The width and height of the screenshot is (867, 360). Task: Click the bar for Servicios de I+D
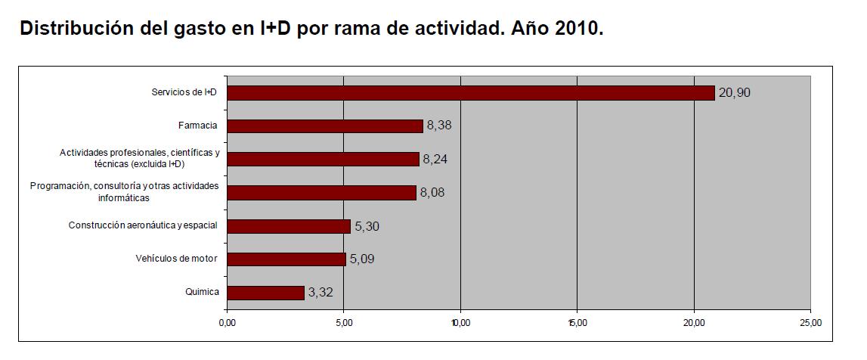470,93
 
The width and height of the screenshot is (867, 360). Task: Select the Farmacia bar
324,126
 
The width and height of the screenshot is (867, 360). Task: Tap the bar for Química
265,293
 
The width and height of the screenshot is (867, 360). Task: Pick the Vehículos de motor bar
286,259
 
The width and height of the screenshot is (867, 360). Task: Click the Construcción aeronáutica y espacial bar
289,226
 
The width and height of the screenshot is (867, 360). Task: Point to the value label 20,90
734,93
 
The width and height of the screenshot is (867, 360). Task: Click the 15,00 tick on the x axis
577,323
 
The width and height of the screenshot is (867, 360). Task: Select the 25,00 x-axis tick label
810,323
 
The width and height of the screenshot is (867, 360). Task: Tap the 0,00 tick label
227,323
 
